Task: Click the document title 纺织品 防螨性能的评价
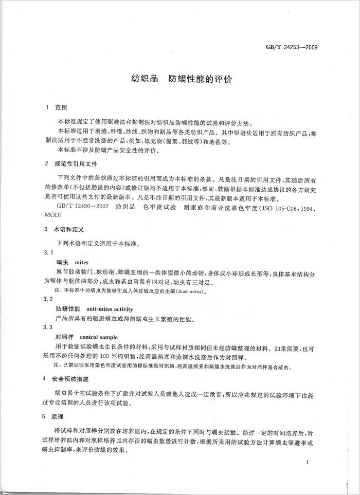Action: (x=182, y=80)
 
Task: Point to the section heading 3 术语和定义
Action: (x=64, y=228)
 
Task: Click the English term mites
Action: (x=81, y=262)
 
